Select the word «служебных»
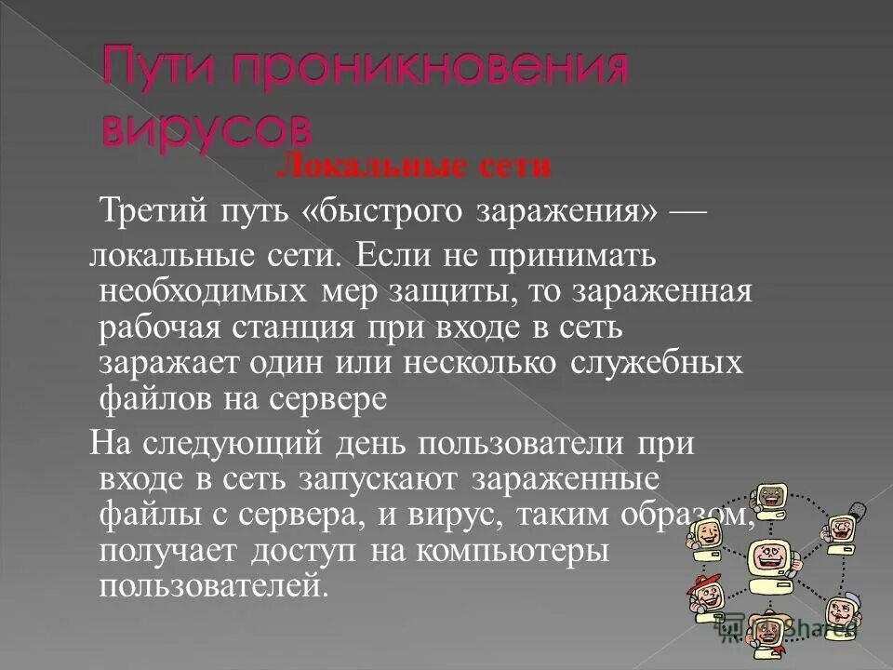(x=654, y=362)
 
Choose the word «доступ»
(x=303, y=550)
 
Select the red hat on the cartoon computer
(x=701, y=582)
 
